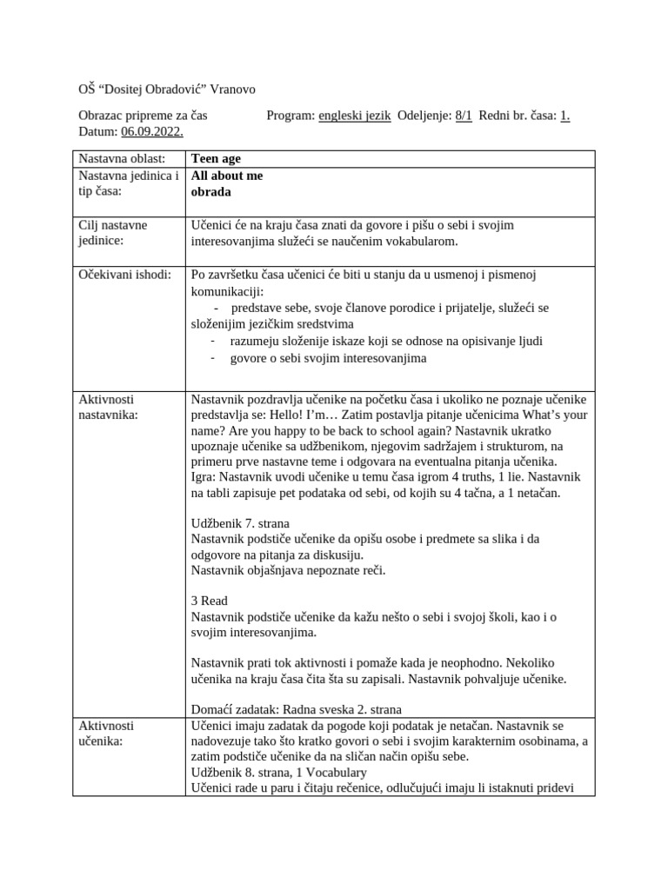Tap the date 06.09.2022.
click(x=152, y=130)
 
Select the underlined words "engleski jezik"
click(x=354, y=115)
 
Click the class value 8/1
click(x=463, y=115)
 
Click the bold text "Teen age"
click(x=216, y=159)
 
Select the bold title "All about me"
click(x=227, y=176)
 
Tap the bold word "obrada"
click(x=211, y=191)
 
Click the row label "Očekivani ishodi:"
click(x=124, y=275)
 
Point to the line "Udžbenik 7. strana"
click(x=240, y=523)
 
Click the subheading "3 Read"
click(x=209, y=601)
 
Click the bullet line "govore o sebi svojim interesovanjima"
click(x=328, y=358)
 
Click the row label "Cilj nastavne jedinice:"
click(x=113, y=233)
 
